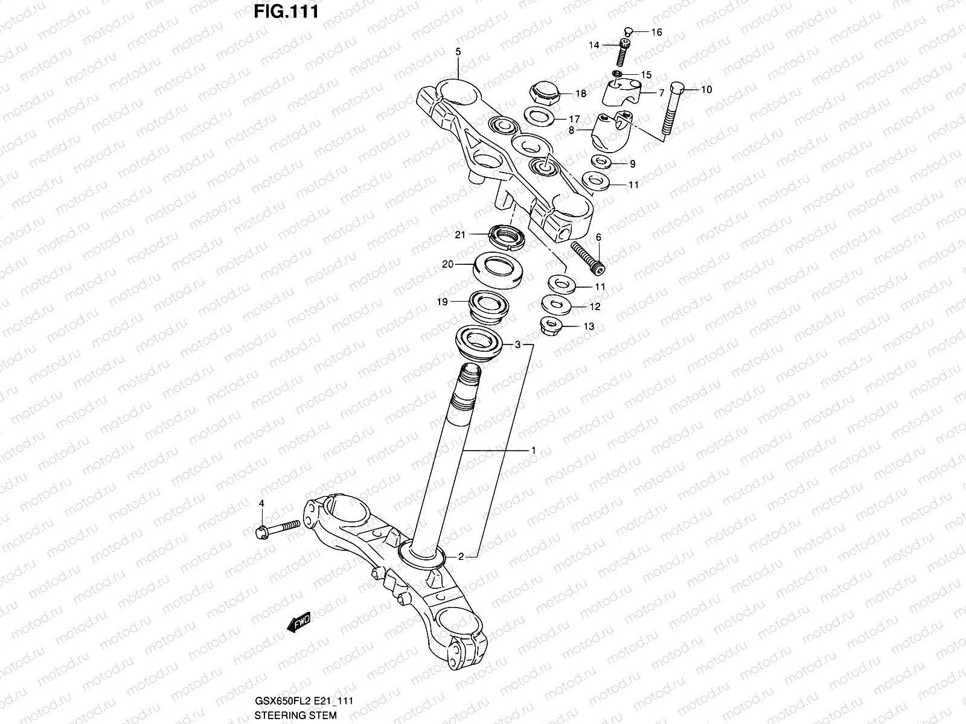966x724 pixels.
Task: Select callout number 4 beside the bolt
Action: [x=261, y=503]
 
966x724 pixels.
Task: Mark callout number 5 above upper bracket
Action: [x=458, y=52]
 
